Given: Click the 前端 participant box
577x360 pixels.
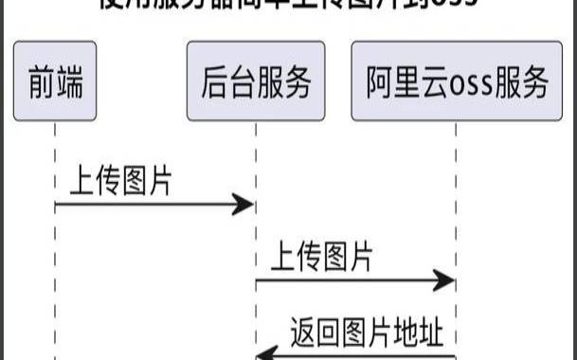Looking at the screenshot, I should point(55,81).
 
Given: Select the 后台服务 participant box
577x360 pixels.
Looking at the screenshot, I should point(256,81).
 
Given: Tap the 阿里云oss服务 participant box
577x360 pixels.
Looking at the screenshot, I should point(458,81).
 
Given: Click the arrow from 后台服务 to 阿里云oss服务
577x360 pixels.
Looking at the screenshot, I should point(355,280).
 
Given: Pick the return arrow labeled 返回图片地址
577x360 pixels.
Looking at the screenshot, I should point(360,355).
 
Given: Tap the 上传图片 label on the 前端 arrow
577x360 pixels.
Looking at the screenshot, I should point(120,181).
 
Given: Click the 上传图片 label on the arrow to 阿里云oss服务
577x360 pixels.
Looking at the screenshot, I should point(322,257).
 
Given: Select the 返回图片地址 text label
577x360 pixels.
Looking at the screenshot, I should point(366,333).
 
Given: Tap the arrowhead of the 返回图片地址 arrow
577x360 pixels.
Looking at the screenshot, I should point(266,354).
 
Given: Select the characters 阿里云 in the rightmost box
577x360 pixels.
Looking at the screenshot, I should point(397,82).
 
